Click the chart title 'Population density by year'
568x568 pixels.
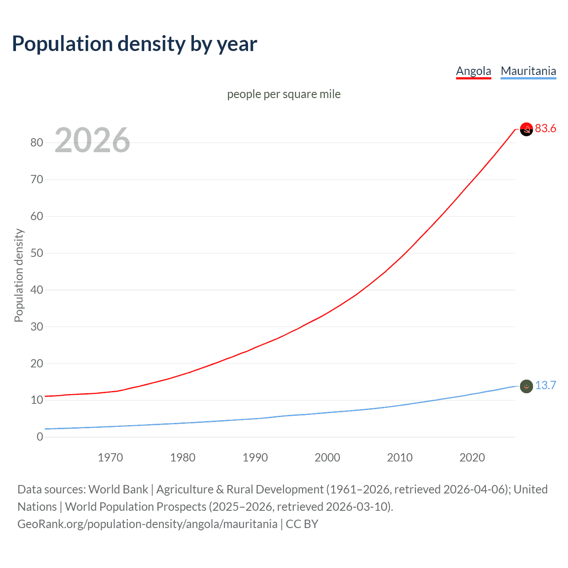134,44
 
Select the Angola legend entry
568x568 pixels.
473,71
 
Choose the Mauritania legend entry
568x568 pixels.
528,71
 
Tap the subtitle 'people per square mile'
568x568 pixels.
284,94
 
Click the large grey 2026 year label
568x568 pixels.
92,140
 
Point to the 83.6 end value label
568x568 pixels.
545,129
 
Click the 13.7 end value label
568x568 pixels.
545,385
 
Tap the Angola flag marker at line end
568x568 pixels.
526,129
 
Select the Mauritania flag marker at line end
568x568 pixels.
526,387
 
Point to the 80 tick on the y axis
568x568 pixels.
37,142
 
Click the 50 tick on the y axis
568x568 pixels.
37,253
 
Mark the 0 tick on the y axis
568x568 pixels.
40,437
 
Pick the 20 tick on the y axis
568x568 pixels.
37,363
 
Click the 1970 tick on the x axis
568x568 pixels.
110,458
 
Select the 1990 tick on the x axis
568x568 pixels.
255,458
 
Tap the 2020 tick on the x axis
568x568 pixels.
472,458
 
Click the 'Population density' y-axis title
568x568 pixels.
19,275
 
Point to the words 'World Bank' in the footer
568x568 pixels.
118,489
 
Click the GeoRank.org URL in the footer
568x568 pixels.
147,524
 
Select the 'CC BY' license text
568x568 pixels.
302,524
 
